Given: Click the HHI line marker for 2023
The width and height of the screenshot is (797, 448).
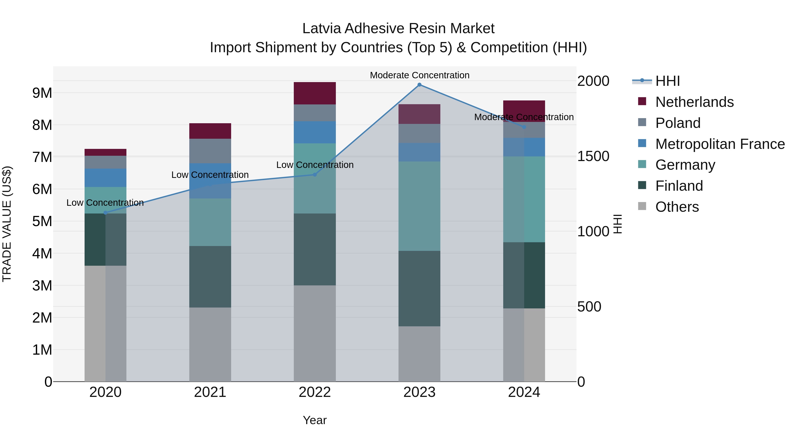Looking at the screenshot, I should point(419,85).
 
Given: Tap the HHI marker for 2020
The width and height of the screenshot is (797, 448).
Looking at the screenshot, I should point(106,213).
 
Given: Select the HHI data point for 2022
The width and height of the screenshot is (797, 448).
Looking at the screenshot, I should point(315,175).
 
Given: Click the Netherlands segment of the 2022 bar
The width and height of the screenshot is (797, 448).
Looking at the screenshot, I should point(315,93).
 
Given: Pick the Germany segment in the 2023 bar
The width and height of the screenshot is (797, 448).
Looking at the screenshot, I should point(419,206).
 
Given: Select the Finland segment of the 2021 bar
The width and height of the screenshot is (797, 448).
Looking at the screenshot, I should point(210,277).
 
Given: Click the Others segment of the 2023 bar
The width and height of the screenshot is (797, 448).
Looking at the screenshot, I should point(419,354).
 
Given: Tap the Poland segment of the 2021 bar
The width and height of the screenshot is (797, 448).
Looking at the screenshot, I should point(210,151).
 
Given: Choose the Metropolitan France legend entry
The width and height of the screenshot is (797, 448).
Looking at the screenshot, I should point(720,144).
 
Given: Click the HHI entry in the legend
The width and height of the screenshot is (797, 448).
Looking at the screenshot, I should point(667,81).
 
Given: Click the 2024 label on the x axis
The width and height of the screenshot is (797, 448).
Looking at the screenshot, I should point(524,392).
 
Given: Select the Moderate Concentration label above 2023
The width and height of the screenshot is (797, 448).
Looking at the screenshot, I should point(420,75).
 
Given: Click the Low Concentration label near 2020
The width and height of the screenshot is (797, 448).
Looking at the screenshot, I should point(105,203).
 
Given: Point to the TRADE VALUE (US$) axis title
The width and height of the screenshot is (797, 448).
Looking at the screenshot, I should point(7,224).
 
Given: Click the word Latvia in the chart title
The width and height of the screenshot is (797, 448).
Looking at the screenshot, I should point(322,29).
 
